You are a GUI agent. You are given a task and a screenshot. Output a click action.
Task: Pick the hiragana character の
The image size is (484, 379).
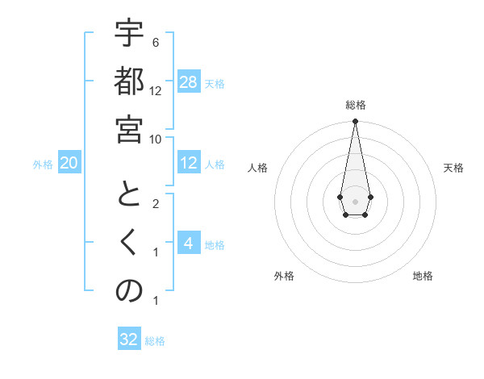129,292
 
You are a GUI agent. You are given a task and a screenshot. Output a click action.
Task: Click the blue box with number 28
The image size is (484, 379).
189,82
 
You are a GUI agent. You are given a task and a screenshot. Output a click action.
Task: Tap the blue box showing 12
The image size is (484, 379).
189,163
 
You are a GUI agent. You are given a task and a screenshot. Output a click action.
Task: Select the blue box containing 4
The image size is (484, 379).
189,244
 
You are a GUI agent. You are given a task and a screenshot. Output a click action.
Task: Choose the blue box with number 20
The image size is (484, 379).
69,163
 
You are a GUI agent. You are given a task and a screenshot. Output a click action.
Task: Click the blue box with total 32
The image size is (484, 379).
129,339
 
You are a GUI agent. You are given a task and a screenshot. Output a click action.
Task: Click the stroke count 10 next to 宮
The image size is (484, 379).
156,139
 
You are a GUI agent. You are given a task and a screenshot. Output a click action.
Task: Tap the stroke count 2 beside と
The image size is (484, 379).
156,204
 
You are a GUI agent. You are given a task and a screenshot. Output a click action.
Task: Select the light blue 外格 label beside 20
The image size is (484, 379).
43,165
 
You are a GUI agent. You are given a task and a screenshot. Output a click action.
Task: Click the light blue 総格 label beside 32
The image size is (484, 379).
156,341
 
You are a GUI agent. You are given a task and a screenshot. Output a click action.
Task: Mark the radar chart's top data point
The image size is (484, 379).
355,122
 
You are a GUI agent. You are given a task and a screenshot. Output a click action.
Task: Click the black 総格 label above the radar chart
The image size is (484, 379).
355,105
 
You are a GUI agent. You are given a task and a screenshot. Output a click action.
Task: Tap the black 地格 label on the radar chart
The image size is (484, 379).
423,276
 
